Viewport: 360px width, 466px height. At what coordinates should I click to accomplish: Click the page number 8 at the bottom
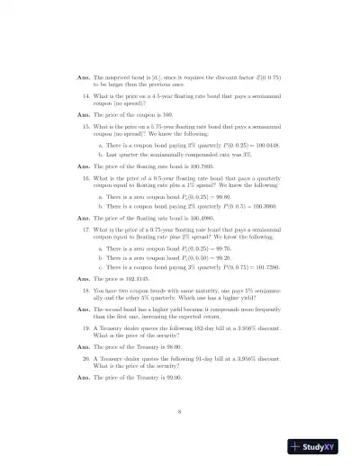click(x=181, y=412)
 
